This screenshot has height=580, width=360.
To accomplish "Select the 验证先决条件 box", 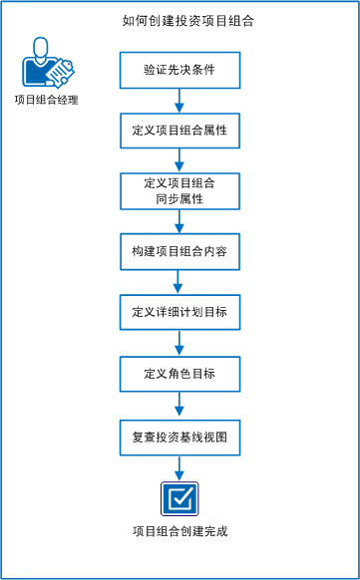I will pos(180,70).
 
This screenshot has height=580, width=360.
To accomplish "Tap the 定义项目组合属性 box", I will pos(180,131).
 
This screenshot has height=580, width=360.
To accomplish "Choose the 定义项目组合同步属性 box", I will pos(180,191).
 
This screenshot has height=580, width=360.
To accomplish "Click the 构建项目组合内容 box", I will pos(180,252).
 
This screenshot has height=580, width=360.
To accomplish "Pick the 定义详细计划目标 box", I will pos(180,313).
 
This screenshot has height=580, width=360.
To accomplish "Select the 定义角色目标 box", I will pos(180,374).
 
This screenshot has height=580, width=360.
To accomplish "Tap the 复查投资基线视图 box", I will pos(180,435).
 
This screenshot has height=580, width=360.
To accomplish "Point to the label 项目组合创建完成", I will pos(180,531).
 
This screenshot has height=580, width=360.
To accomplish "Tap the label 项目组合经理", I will pos(46,100).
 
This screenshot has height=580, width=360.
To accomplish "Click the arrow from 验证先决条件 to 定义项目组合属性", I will pos(180,100).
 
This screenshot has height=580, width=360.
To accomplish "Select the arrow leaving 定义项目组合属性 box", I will pos(180,160).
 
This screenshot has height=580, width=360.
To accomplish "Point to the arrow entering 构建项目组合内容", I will pos(180,221).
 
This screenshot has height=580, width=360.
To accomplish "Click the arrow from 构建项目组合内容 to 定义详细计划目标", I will pos(180,282).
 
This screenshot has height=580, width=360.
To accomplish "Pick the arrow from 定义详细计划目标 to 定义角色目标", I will pos(180,343).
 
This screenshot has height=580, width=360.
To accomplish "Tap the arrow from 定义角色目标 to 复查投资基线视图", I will pos(180,404).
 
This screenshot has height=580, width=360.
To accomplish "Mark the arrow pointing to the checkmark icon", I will pos(180,466).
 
